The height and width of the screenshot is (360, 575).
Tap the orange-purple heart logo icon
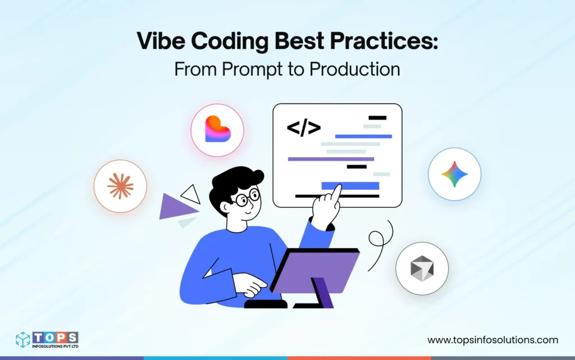[x=217, y=130]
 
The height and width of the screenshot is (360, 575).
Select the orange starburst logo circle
[x=120, y=186]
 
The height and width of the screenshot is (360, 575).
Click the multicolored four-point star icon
[x=454, y=174]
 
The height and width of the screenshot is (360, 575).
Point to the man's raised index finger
[x=336, y=193]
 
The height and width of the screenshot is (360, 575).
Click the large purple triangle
[x=176, y=207]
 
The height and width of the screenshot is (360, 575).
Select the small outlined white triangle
[x=191, y=194]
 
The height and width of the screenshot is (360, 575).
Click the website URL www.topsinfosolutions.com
[x=492, y=340]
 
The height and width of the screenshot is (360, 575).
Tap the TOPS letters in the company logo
[x=55, y=337]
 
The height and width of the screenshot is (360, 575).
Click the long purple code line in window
[x=330, y=159]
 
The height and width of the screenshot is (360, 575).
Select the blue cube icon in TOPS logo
[x=23, y=340]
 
